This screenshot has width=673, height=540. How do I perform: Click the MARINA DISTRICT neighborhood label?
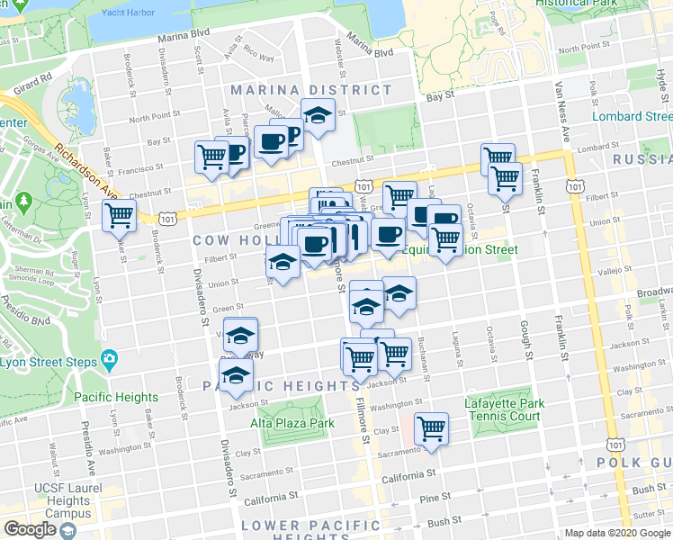point(311,90)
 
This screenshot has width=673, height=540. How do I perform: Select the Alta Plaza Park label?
point(292,423)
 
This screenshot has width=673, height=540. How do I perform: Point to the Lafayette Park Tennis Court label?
point(502,409)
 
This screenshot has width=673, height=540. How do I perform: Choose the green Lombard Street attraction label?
point(631,116)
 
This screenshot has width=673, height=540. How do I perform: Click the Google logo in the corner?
point(30,529)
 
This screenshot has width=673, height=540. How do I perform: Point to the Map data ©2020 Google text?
point(617,533)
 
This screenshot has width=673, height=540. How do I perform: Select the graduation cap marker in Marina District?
point(318,114)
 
